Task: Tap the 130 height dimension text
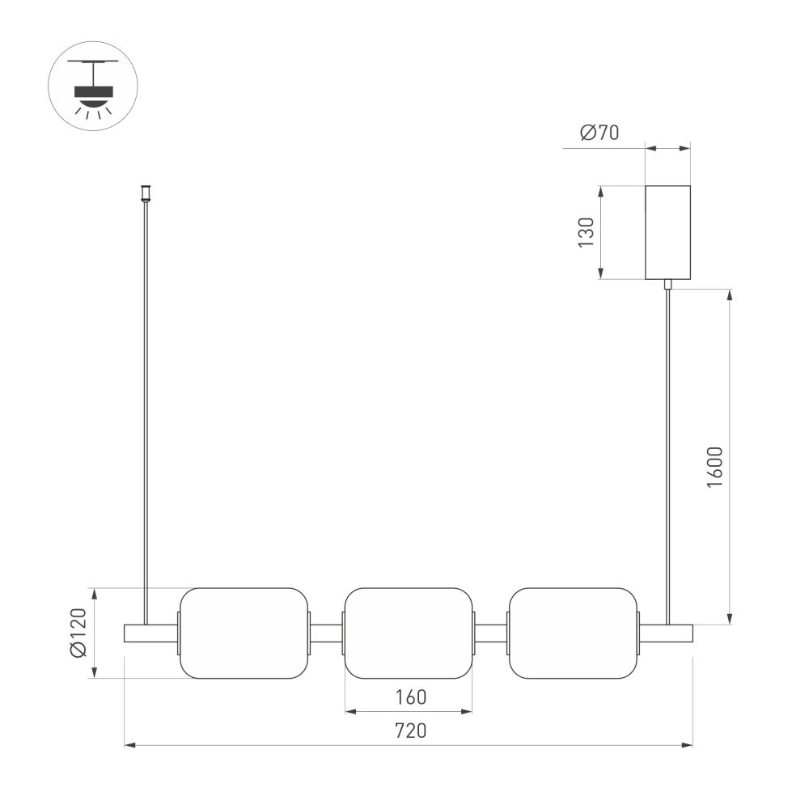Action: (x=587, y=232)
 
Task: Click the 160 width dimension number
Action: (x=410, y=697)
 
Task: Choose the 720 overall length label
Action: (x=410, y=731)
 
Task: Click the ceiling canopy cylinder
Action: (x=667, y=232)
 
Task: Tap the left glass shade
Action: (x=244, y=633)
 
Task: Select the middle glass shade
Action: (x=409, y=633)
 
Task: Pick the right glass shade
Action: (x=573, y=633)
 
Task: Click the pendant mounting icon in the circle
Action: (x=93, y=88)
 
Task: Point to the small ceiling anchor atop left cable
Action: (x=146, y=193)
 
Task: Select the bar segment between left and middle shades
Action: (x=327, y=633)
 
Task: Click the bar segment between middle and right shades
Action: (x=490, y=633)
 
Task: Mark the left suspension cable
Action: (x=146, y=404)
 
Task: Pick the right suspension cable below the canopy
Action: (x=667, y=453)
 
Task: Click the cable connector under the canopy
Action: (x=667, y=284)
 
